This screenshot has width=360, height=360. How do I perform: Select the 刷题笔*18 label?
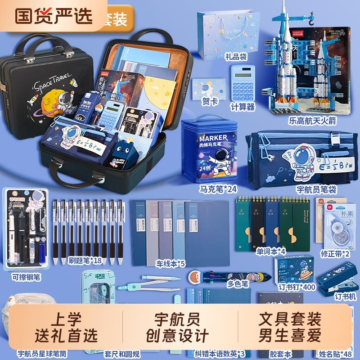coord(85,260)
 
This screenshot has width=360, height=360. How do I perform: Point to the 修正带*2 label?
coord(335,253)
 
